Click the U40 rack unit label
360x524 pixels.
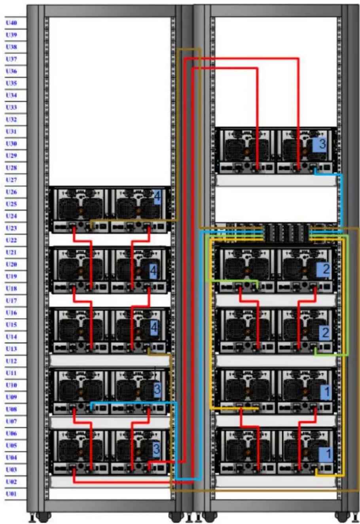click(11, 23)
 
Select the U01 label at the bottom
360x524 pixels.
click(11, 494)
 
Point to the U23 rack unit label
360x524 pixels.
click(11, 228)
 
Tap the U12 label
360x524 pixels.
click(11, 361)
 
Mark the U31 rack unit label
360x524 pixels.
click(11, 131)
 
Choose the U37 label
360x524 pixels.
click(11, 59)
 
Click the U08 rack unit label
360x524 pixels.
click(11, 409)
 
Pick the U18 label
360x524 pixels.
click(11, 289)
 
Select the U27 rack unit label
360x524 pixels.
click(11, 180)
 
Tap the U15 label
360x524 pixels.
click(11, 325)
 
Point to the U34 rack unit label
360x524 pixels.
click(11, 95)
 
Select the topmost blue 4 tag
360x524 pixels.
click(157, 197)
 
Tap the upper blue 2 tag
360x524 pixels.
click(324, 269)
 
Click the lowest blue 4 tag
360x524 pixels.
click(154, 328)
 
